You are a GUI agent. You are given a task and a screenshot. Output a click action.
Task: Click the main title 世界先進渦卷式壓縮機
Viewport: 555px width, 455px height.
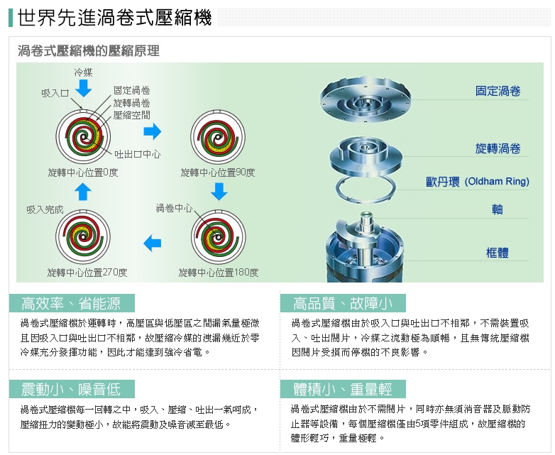pos(114,18)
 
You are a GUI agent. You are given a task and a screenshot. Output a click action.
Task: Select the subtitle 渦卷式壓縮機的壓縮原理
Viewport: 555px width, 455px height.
pos(88,50)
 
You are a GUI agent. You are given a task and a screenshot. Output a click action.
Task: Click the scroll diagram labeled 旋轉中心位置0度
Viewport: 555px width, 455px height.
pos(84,136)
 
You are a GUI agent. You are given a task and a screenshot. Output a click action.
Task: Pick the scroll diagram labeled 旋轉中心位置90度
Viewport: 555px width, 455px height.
pos(216,136)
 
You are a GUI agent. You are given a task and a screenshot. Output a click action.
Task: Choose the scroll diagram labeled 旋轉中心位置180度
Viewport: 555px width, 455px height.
pos(216,239)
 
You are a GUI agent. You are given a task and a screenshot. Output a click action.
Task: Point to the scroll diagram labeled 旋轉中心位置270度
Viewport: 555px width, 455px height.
pos(84,239)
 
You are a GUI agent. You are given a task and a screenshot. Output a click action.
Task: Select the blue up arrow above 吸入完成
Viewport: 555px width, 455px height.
pos(83,192)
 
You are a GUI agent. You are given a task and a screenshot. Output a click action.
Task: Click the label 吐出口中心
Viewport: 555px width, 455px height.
pos(137,154)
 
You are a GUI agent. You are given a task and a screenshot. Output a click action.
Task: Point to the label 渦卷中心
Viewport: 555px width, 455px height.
pos(174,208)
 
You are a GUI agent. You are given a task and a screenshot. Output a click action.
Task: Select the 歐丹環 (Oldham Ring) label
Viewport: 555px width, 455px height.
pos(477,182)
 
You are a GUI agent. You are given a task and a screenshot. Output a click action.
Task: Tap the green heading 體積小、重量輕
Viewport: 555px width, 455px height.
pos(342,389)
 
